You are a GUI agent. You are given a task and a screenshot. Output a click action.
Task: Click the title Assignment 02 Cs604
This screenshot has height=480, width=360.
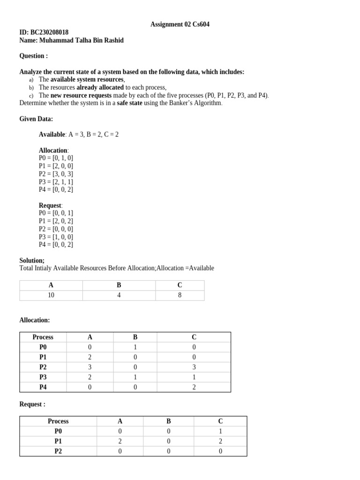click(x=180, y=24)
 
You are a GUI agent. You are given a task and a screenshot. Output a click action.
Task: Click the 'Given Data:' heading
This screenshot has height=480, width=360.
click(x=36, y=119)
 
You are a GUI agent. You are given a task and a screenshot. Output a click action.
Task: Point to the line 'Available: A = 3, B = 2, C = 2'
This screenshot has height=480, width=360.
click(x=79, y=135)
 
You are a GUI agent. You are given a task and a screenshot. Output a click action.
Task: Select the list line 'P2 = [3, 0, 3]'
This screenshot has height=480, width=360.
click(x=56, y=174)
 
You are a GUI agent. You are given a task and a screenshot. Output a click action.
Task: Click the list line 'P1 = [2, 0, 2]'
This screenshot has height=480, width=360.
click(x=56, y=221)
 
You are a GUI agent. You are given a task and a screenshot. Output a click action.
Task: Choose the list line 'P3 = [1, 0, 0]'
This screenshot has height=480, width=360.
click(x=56, y=237)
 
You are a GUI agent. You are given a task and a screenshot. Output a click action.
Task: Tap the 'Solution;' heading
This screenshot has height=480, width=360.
click(x=32, y=260)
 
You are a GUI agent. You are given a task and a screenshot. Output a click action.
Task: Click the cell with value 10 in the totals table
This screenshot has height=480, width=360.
click(x=51, y=295)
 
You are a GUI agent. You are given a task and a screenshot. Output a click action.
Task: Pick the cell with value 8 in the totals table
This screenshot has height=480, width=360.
click(x=180, y=295)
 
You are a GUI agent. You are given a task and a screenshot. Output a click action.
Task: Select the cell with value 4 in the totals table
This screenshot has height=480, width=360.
click(x=119, y=295)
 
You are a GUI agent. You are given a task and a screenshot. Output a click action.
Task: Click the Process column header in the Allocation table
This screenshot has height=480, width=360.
click(x=43, y=337)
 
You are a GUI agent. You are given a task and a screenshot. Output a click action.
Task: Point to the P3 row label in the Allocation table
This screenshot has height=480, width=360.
click(x=43, y=377)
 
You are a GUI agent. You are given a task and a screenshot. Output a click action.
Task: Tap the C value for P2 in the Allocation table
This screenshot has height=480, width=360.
click(x=194, y=367)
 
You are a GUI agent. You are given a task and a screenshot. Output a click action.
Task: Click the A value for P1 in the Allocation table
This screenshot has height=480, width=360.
click(x=90, y=357)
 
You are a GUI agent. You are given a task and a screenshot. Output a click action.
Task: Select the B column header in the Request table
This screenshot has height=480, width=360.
click(x=168, y=421)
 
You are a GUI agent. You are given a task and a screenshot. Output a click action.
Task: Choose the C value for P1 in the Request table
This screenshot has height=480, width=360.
click(x=220, y=441)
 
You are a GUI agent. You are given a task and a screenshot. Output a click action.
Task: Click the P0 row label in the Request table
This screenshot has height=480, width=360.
click(x=58, y=431)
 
